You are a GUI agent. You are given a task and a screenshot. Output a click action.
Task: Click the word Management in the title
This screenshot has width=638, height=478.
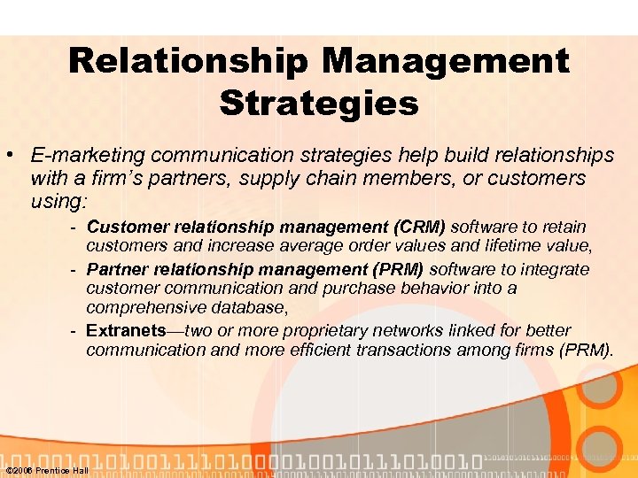click(x=446, y=61)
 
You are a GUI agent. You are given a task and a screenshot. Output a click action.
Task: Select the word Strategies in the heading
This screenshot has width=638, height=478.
click(x=319, y=103)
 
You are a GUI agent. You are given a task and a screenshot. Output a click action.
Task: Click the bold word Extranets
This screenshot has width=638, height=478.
click(x=126, y=330)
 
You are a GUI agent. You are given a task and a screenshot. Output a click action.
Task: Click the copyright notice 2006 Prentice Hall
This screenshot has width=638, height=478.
click(x=47, y=470)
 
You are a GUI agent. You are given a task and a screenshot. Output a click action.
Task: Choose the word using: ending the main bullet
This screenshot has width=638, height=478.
click(x=58, y=202)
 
